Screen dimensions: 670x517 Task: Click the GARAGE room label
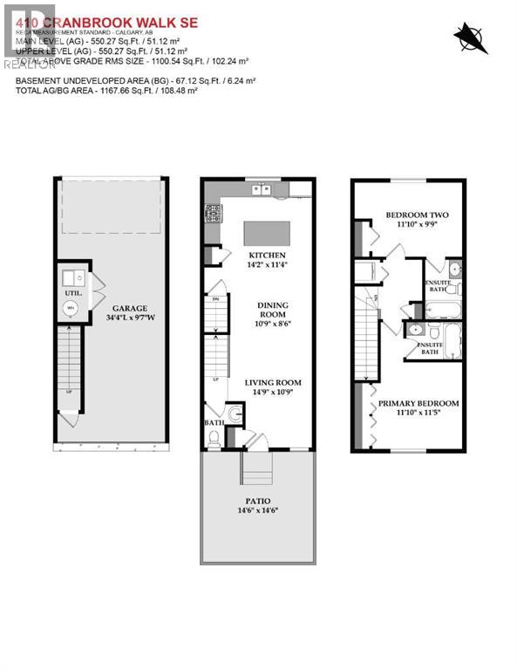pos(128,308)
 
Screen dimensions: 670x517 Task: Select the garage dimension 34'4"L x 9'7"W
pos(128,319)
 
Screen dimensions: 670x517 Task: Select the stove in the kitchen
pos(211,213)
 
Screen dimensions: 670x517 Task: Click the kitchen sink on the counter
pos(259,189)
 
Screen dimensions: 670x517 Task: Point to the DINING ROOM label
pos(271,311)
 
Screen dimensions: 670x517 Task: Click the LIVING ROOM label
pos(272,381)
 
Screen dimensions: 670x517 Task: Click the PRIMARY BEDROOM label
pos(418,403)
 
